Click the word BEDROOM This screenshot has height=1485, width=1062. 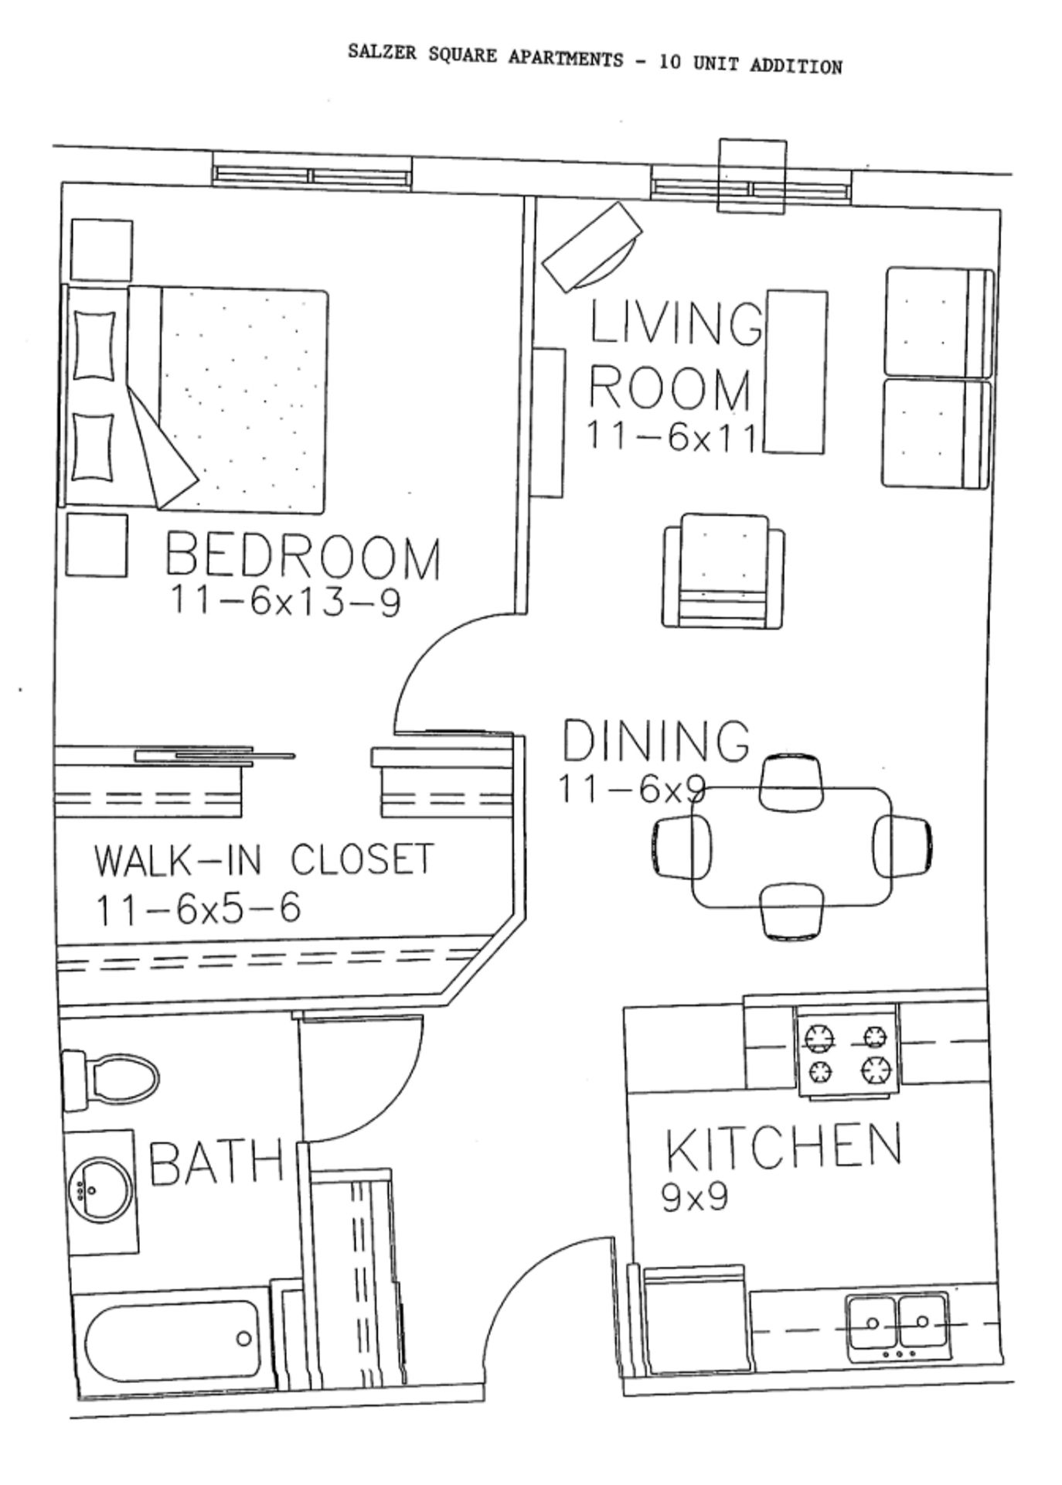(x=302, y=555)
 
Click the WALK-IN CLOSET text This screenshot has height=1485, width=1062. (x=264, y=860)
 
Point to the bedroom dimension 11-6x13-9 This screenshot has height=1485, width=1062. (x=284, y=601)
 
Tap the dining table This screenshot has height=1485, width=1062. (x=791, y=847)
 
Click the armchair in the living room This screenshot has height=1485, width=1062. (x=723, y=572)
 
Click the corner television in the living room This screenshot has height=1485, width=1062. (x=592, y=246)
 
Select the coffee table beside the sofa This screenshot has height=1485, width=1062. (x=795, y=372)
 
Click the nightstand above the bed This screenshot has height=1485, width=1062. (x=101, y=250)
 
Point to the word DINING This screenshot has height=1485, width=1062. (x=655, y=740)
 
